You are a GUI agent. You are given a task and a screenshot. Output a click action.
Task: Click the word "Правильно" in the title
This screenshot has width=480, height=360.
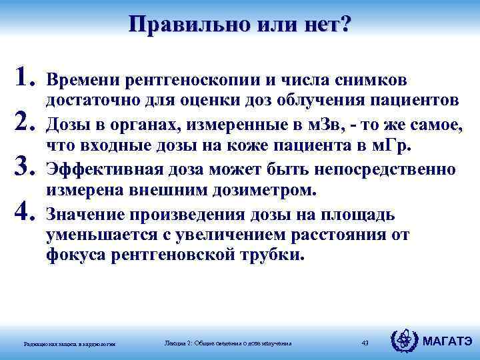(x=175, y=25)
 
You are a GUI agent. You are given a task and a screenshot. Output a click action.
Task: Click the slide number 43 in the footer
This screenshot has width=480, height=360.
(x=364, y=343)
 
